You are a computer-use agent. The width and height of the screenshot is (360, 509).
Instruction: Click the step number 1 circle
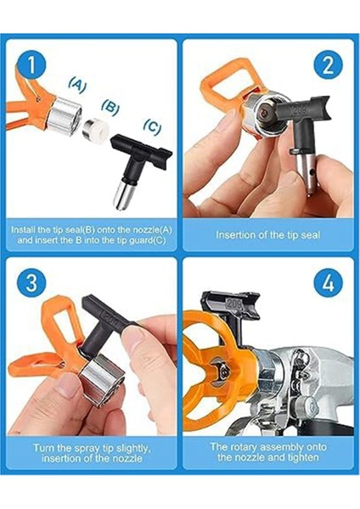click(x=31, y=65)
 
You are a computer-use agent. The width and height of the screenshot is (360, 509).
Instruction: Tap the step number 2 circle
click(x=328, y=65)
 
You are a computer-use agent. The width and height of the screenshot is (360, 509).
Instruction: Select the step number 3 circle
click(x=31, y=282)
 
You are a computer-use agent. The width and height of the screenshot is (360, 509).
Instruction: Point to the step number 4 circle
click(x=329, y=282)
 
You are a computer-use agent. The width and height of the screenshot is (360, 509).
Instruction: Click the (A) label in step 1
click(x=77, y=85)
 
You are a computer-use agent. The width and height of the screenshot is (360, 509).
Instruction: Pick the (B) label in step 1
click(x=110, y=107)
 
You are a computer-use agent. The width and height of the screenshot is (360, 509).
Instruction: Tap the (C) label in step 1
click(x=152, y=126)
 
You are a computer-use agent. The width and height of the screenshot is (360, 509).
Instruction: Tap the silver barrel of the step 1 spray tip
click(x=123, y=195)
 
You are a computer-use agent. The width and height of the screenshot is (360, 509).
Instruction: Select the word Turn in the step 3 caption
click(x=43, y=448)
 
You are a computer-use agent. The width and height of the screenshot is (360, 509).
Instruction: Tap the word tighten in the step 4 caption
click(x=303, y=458)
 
